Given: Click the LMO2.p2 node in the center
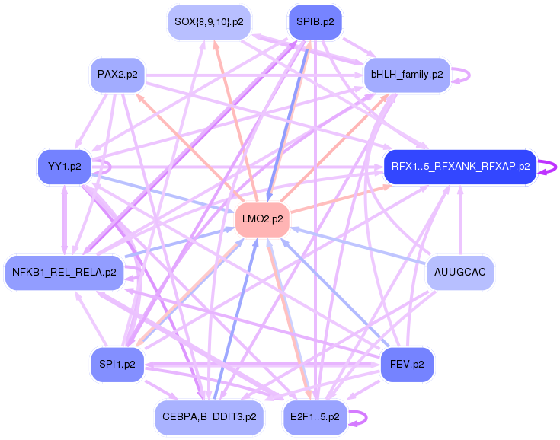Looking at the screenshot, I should tap(262, 218).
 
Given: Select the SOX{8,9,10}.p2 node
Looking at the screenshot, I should tap(209, 21).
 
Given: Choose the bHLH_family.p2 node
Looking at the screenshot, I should tap(407, 75).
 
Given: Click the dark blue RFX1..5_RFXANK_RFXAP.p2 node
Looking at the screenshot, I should tap(460, 166).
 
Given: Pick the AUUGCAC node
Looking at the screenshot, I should tap(459, 272).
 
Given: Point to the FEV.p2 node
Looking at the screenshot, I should tap(407, 364).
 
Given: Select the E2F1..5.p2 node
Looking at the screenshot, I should tap(315, 417).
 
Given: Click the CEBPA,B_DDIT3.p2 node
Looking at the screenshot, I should tap(209, 417).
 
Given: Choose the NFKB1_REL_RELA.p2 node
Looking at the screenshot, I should tap(64, 272).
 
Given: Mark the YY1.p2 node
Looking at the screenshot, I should tap(64, 166).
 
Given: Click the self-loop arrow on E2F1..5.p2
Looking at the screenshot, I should tap(360, 417).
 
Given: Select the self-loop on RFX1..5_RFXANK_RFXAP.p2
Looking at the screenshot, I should tap(548, 167).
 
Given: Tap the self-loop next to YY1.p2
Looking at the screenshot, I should tap(107, 166).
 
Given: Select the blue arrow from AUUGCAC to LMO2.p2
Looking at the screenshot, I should tap(358, 245).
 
